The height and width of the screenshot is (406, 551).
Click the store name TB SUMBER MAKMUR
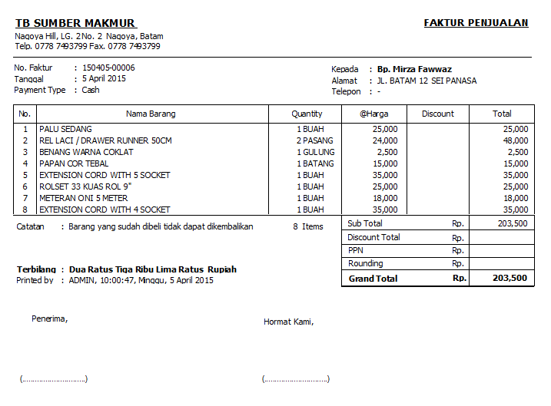pos(75,23)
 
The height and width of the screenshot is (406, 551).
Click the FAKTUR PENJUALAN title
pos(476,23)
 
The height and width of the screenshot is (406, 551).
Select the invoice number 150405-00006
pos(108,68)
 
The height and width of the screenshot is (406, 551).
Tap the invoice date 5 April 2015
pos(104,78)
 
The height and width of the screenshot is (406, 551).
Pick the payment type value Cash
pos(91,90)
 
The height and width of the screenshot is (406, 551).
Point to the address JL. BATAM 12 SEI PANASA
pos(426,81)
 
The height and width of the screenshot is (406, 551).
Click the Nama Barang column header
pos(151,114)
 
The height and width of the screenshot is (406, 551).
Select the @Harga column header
pos(374,114)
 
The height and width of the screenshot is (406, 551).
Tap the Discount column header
pos(438,114)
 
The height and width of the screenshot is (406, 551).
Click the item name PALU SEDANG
pos(65,129)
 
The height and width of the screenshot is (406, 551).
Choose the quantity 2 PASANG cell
pos(315,140)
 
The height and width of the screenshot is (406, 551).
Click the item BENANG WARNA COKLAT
pos(85,152)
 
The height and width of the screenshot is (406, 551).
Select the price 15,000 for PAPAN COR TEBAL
pos(385,163)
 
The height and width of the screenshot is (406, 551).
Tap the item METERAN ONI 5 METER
pos(83,198)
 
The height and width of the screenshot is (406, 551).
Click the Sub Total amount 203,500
pos(513,223)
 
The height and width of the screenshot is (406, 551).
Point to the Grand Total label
pos(373,279)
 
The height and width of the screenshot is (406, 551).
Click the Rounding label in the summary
pos(365,263)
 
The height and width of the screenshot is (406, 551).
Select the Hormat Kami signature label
pos(288,322)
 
